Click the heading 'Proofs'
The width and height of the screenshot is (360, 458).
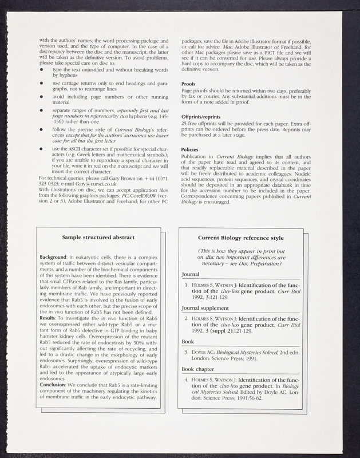pyautogui.click(x=189, y=83)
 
